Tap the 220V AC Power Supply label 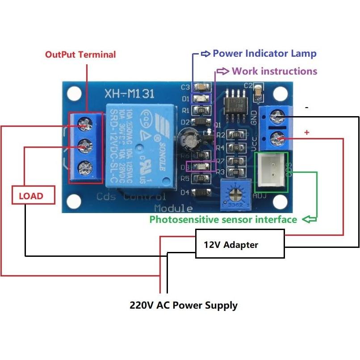click(x=184, y=306)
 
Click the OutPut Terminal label click(x=80, y=54)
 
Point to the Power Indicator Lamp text click(x=264, y=54)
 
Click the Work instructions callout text click(x=274, y=71)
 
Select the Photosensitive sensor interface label click(x=223, y=219)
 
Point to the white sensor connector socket click(x=270, y=172)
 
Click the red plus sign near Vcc click(x=306, y=133)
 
